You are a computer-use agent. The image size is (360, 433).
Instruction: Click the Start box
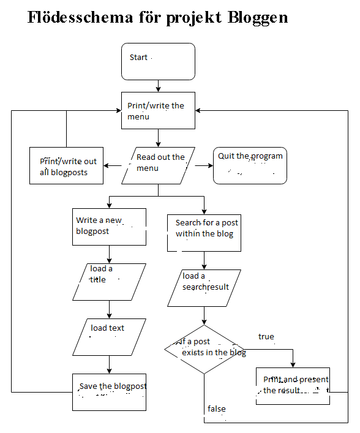(x=158, y=61)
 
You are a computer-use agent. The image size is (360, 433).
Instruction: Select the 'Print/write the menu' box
(x=158, y=111)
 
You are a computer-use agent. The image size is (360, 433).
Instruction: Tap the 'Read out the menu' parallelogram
(x=159, y=165)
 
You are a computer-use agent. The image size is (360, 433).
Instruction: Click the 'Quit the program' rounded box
(x=250, y=165)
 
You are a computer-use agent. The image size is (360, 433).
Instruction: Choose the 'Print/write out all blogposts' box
(x=67, y=166)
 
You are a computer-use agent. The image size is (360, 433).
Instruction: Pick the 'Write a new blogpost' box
(x=109, y=227)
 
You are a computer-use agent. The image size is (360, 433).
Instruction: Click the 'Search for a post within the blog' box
(x=204, y=232)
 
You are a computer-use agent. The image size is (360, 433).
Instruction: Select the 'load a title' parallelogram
(x=109, y=282)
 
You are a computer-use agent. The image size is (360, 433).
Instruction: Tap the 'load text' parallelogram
(x=109, y=336)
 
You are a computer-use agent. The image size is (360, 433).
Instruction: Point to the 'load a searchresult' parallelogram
(x=204, y=288)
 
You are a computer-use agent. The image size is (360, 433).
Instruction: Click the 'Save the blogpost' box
(x=109, y=392)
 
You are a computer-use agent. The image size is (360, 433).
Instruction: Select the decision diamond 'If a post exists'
(x=204, y=349)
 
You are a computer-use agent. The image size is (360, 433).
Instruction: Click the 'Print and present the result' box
(x=293, y=386)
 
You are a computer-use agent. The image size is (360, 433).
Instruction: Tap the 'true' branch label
(x=266, y=337)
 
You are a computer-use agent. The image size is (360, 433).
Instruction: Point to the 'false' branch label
(x=216, y=409)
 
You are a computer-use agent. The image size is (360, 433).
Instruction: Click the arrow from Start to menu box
(x=159, y=86)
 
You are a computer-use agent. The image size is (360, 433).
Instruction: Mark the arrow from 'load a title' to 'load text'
(x=109, y=309)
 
